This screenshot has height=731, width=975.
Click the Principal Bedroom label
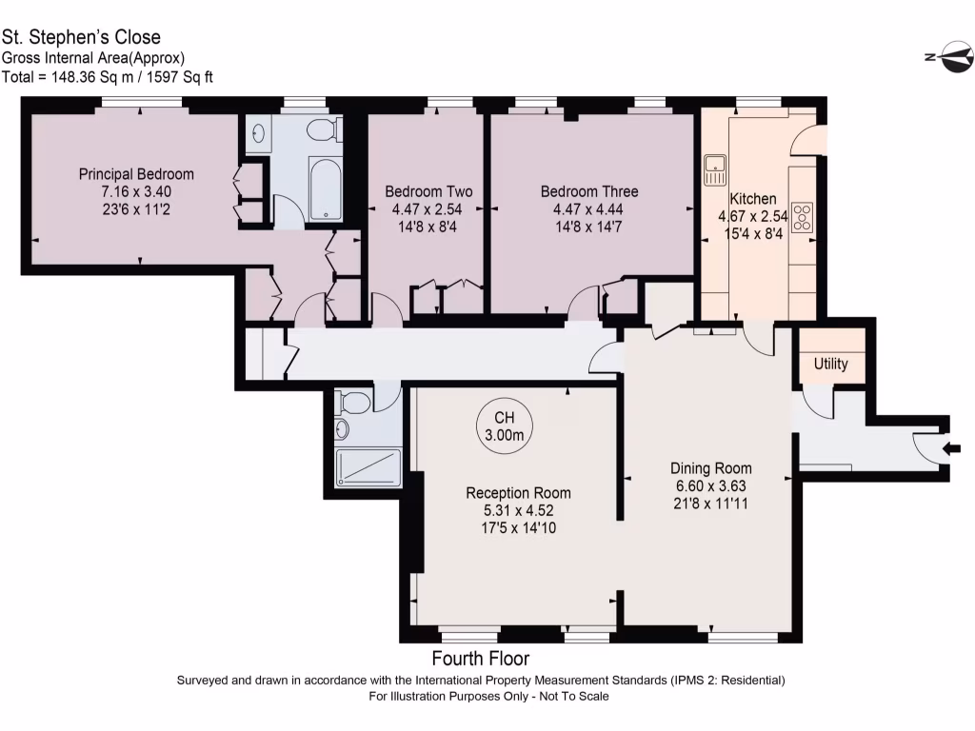pyautogui.click(x=136, y=174)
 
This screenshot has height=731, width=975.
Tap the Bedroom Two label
pyautogui.click(x=428, y=191)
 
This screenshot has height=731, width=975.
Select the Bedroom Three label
pyautogui.click(x=589, y=191)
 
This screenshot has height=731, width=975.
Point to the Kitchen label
pyautogui.click(x=753, y=199)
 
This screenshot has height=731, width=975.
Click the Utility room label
pyautogui.click(x=830, y=364)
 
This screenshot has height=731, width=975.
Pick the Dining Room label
pyautogui.click(x=710, y=468)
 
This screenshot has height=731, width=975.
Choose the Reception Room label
pyautogui.click(x=519, y=493)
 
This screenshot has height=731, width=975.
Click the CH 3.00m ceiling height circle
pyautogui.click(x=505, y=427)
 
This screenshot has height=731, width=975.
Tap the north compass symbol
pyautogui.click(x=949, y=56)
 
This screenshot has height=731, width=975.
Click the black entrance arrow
pyautogui.click(x=952, y=448)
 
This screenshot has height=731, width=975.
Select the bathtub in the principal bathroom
pyautogui.click(x=326, y=189)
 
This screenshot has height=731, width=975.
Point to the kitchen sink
pyautogui.click(x=715, y=170)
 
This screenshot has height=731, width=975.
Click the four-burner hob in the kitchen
pyautogui.click(x=802, y=217)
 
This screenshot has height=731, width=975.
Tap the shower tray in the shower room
pyautogui.click(x=368, y=467)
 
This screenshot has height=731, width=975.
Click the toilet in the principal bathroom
pyautogui.click(x=324, y=129)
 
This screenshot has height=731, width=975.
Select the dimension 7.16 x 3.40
pyautogui.click(x=136, y=191)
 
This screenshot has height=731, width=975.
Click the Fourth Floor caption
pyautogui.click(x=481, y=659)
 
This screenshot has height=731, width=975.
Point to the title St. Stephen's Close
pyautogui.click(x=81, y=37)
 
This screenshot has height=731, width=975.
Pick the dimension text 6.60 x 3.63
pyautogui.click(x=710, y=485)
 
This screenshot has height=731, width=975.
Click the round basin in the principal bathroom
pyautogui.click(x=259, y=132)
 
